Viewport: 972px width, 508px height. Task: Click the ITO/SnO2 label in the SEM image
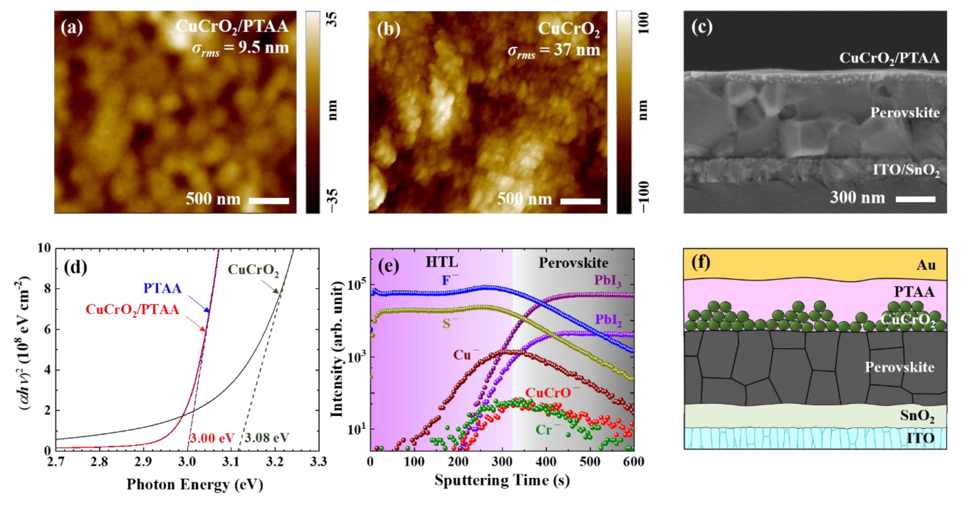coord(906,170)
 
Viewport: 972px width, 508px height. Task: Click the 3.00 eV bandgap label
coord(212,438)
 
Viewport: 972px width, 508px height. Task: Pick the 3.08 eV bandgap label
coord(267,438)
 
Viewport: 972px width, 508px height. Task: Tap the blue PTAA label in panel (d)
coord(162,288)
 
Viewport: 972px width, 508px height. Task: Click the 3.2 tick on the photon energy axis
coord(275,462)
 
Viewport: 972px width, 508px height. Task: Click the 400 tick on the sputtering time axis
coord(546,462)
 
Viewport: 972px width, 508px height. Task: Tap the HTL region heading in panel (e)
coord(442,262)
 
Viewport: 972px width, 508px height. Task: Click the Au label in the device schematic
coord(926,265)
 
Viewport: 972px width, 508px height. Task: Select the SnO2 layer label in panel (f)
coord(917,416)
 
